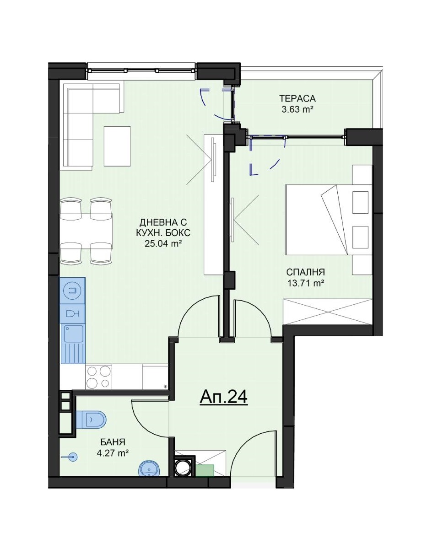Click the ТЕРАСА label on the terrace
tap(297, 99)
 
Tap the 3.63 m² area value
tap(297, 110)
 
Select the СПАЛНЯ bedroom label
tap(305, 272)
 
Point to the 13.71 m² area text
tap(306, 283)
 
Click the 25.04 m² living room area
tap(163, 243)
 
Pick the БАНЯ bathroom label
tap(113, 442)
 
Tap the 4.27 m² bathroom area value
tap(113, 453)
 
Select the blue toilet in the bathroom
tap(90, 419)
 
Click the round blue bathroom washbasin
tap(150, 469)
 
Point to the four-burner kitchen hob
tap(99, 377)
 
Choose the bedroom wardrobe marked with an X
tap(328, 311)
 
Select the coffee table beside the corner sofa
tap(117, 146)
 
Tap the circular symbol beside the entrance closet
tap(183, 467)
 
